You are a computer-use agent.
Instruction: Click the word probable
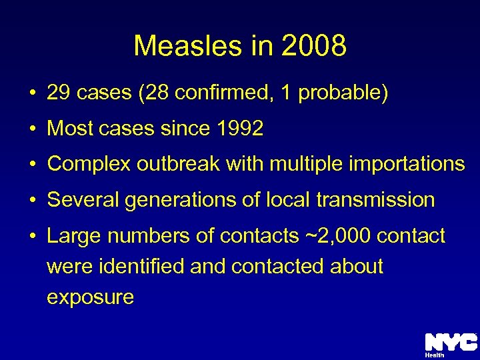343,93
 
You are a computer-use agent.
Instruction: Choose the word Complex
89,164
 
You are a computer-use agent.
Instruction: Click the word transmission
375,199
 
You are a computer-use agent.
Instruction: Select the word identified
141,266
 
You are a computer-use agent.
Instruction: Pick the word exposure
90,297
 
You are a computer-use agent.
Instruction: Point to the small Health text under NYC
435,355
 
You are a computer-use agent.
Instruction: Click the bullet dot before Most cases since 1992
32,129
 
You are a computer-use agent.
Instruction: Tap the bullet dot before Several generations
32,200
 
